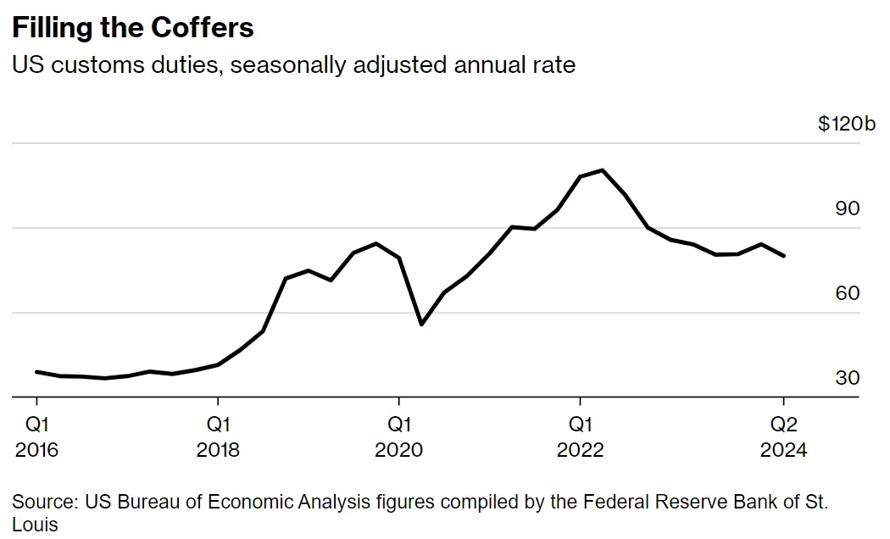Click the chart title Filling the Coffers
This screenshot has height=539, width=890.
[132, 28]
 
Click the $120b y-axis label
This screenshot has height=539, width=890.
[846, 124]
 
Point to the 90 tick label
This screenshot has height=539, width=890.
[847, 208]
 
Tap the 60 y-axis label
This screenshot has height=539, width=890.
[847, 293]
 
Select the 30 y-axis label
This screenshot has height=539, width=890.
[847, 378]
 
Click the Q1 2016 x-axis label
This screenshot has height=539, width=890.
[36, 436]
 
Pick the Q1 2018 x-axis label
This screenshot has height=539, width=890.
[218, 436]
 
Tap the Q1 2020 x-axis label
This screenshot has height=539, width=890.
[399, 436]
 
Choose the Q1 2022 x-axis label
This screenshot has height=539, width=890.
[580, 436]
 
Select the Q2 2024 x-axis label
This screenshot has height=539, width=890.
[784, 436]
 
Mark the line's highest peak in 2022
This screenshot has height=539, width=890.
[602, 170]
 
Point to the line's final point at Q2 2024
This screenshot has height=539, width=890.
[784, 256]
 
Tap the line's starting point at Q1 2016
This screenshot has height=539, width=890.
[36, 371]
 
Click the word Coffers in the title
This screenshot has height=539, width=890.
[203, 28]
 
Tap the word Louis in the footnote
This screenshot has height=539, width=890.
[35, 525]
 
